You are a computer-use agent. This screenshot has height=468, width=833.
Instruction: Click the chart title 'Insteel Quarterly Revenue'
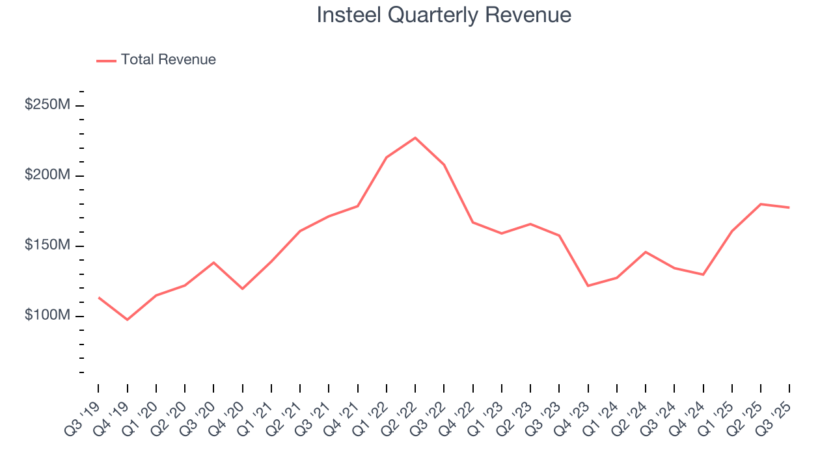click(444, 15)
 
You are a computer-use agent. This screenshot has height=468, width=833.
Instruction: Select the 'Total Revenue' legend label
click(168, 60)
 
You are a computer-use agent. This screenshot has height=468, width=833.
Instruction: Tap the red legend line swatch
click(106, 60)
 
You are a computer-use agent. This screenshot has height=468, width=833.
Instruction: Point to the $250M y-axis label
click(47, 105)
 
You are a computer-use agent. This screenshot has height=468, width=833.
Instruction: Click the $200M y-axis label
click(47, 175)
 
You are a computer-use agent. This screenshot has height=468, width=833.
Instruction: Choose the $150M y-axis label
click(47, 246)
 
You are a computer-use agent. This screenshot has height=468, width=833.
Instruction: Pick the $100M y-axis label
click(47, 316)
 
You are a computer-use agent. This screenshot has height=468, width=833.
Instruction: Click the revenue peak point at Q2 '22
click(415, 138)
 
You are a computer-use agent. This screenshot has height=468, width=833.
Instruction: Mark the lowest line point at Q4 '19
click(128, 320)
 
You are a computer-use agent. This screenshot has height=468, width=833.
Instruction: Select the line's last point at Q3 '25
click(789, 207)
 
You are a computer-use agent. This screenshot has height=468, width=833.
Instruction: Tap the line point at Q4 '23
click(588, 286)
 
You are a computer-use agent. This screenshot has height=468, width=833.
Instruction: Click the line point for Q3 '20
click(213, 263)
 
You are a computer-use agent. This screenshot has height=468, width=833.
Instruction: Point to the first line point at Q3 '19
click(99, 298)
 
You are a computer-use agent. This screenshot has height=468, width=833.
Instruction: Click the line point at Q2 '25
click(761, 204)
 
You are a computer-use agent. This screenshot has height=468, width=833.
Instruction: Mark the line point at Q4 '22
click(472, 222)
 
